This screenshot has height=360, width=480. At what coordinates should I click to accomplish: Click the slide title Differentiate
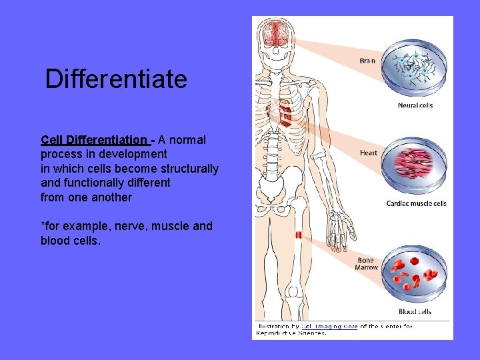tap(116, 79)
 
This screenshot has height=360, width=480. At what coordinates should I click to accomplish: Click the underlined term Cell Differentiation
tap(94, 140)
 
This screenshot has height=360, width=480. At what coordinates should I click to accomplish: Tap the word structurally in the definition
tap(189, 169)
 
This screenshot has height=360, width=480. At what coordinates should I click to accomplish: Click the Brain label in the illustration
tap(367, 61)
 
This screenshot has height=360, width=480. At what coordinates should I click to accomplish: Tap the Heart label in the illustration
tap(368, 153)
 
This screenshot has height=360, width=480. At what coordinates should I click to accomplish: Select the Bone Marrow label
tap(367, 264)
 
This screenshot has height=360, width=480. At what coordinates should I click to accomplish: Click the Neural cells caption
tap(415, 105)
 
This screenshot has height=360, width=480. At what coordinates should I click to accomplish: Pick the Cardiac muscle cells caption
tap(416, 203)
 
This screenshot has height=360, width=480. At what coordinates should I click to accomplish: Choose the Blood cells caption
tap(415, 311)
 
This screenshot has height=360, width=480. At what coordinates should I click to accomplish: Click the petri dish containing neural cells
tap(414, 69)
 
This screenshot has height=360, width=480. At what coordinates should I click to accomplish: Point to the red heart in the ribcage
tap(285, 113)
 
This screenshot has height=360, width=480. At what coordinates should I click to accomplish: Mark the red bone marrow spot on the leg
tap(298, 235)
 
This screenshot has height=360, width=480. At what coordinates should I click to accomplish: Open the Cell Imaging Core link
tap(329, 326)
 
